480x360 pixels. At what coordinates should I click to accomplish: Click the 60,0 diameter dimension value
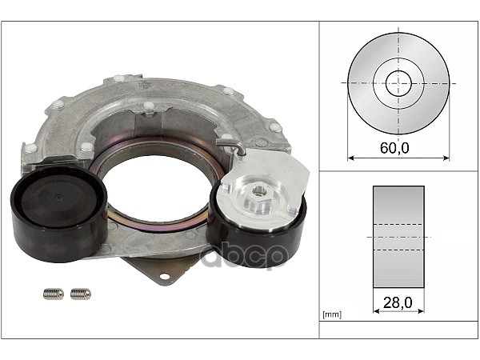point(394,148)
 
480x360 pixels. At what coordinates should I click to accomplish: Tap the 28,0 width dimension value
point(398,302)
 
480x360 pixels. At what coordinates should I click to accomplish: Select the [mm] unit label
point(332,314)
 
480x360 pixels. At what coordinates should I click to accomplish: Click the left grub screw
point(54,294)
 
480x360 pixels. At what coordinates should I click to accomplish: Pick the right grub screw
point(81,294)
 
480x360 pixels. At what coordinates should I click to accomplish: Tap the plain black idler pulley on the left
point(59,214)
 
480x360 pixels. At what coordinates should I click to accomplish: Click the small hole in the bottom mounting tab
point(164,277)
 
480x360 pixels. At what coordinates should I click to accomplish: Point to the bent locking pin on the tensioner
point(231,146)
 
